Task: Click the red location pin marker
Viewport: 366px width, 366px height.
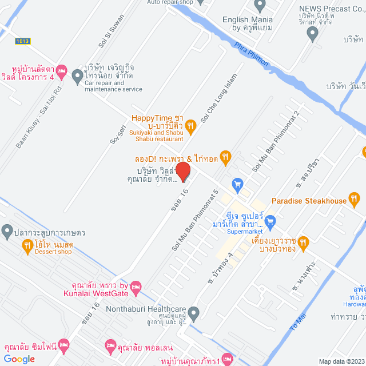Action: coord(182,170)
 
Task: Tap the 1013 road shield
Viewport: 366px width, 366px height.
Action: coord(23,41)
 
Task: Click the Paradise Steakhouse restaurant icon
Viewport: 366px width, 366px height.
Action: coord(354,200)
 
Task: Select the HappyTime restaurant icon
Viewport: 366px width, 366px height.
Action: coord(192,123)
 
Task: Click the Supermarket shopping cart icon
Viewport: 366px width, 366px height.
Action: coord(271,221)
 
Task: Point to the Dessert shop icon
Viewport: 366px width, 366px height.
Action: coord(27,245)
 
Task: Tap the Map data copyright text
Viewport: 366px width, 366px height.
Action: coord(341,361)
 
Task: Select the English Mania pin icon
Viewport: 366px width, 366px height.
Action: coord(260,6)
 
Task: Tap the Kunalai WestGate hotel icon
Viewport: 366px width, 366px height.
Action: coord(136,286)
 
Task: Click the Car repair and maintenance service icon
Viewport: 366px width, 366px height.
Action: coord(77,78)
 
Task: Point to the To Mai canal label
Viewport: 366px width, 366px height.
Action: coord(299,321)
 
